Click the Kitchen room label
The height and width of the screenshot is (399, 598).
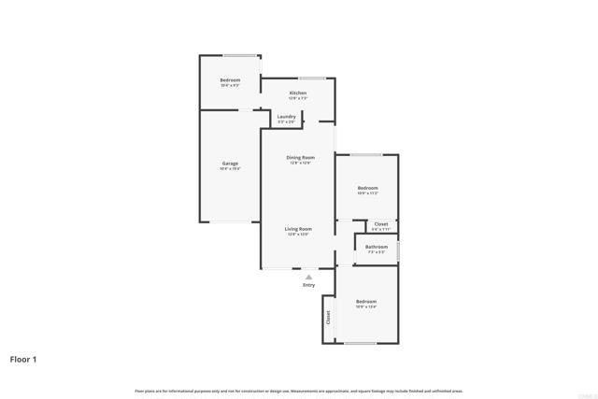(298, 93)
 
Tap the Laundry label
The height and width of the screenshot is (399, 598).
(286, 117)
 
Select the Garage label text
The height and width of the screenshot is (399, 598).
(230, 164)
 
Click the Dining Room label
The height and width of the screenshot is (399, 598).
(300, 157)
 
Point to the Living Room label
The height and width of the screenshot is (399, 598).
(299, 228)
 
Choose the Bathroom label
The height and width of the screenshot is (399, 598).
(377, 247)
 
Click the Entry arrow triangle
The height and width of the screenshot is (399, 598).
(308, 277)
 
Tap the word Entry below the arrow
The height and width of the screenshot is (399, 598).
(308, 285)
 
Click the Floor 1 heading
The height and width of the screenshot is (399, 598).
(24, 359)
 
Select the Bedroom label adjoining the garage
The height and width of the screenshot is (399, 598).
(230, 80)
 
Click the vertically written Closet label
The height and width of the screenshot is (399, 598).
(328, 318)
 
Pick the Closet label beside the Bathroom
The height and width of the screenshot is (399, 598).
(381, 224)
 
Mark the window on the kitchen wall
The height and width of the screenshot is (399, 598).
(311, 78)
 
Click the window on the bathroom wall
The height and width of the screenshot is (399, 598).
(398, 250)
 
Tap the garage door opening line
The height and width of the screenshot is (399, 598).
(230, 221)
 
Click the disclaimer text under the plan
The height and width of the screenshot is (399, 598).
(298, 391)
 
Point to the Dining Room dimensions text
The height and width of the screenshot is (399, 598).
(300, 164)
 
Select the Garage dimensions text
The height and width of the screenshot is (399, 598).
(230, 169)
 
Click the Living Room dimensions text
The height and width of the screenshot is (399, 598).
(299, 235)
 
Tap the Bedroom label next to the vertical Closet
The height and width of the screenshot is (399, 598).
(366, 301)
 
